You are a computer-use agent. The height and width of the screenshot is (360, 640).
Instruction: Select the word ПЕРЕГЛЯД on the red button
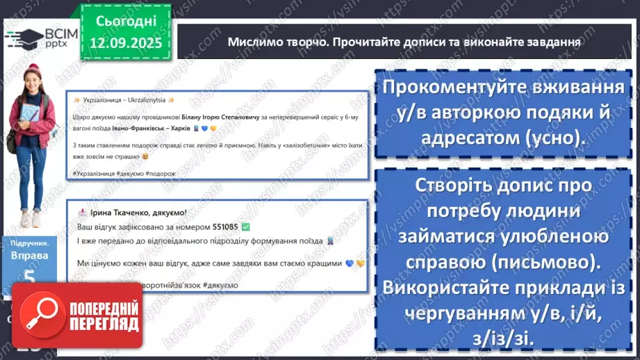pos(102,324)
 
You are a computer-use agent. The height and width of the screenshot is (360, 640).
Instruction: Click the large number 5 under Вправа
pos(28,277)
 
